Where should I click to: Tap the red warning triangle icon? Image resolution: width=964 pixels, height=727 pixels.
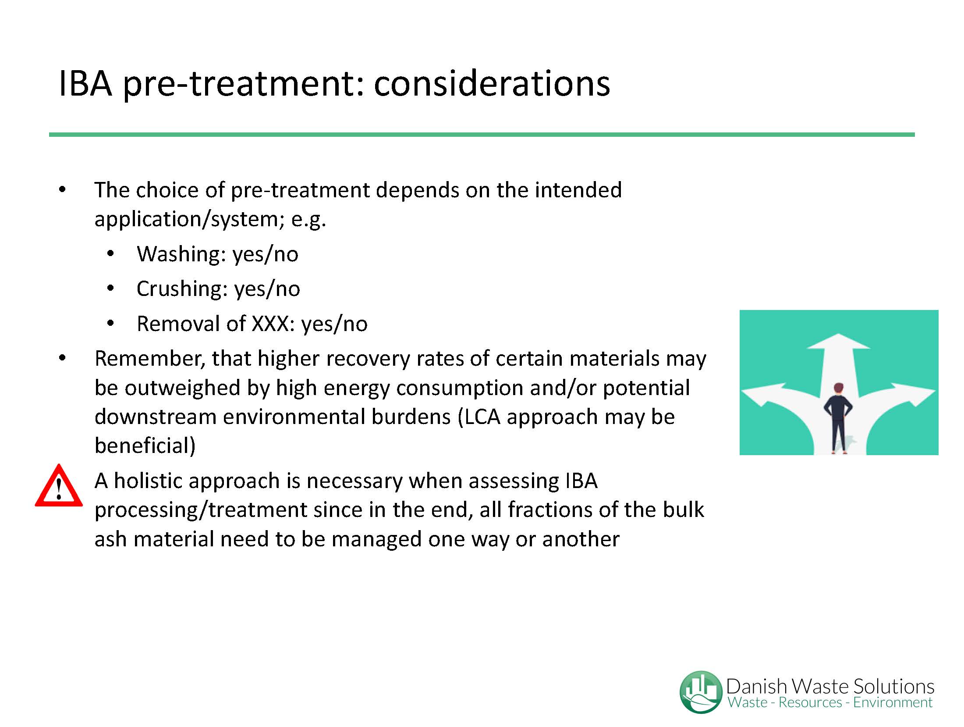coord(59,486)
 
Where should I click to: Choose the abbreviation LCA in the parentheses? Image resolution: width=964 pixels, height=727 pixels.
coord(482,417)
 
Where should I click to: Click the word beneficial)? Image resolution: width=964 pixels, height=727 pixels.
coord(145,446)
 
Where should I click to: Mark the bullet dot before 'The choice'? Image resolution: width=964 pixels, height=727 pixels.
coord(62,190)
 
